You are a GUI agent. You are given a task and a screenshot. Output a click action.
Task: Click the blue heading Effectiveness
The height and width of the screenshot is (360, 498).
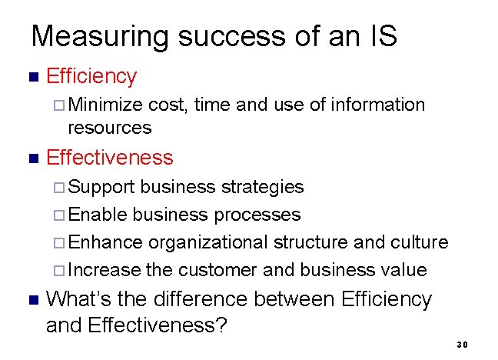110,158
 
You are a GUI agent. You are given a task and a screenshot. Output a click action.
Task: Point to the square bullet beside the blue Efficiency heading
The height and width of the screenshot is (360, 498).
32,77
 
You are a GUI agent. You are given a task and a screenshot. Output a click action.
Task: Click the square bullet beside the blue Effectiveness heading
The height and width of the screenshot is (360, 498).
32,158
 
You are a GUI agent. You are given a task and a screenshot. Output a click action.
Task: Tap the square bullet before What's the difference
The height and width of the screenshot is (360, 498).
32,299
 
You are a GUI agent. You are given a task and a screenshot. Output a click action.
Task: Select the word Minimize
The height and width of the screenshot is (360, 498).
106,105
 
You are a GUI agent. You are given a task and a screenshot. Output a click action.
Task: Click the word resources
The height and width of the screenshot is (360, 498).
111,127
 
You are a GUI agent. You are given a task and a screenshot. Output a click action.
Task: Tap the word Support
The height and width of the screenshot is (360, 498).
102,187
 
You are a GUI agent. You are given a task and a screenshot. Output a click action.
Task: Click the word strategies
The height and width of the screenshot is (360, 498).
263,187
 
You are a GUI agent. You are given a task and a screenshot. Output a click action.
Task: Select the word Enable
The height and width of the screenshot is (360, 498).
98,215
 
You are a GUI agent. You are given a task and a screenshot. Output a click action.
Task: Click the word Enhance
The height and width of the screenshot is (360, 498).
105,242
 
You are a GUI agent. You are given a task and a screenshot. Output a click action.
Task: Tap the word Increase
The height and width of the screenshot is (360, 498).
105,270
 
